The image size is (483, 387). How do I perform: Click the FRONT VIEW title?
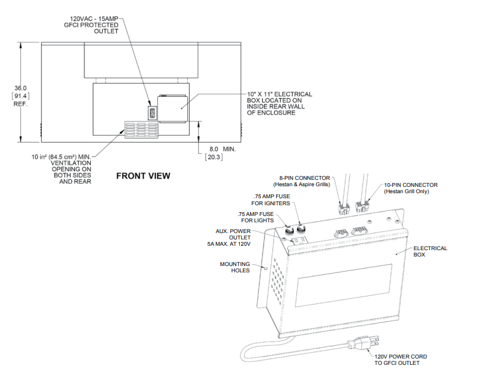click(143, 176)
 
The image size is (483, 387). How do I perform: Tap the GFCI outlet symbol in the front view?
click(152, 113)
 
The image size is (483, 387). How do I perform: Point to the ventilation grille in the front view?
click(142, 129)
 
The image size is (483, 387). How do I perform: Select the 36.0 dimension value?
click(21, 88)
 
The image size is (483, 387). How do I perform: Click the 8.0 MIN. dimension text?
click(222, 149)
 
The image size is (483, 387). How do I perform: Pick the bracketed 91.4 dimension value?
click(21, 96)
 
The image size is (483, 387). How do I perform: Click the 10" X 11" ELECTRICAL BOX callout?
click(279, 103)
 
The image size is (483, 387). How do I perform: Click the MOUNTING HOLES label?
click(235, 267)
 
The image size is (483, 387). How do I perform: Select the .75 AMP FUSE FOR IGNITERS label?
click(270, 200)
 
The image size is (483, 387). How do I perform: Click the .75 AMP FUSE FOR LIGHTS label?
click(255, 217)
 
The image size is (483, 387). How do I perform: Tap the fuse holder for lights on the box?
click(289, 231)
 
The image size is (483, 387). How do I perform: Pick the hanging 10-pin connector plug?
click(362, 206)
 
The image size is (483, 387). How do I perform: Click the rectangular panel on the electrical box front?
click(344, 285)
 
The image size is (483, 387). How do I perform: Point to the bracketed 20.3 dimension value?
click(214, 157)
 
